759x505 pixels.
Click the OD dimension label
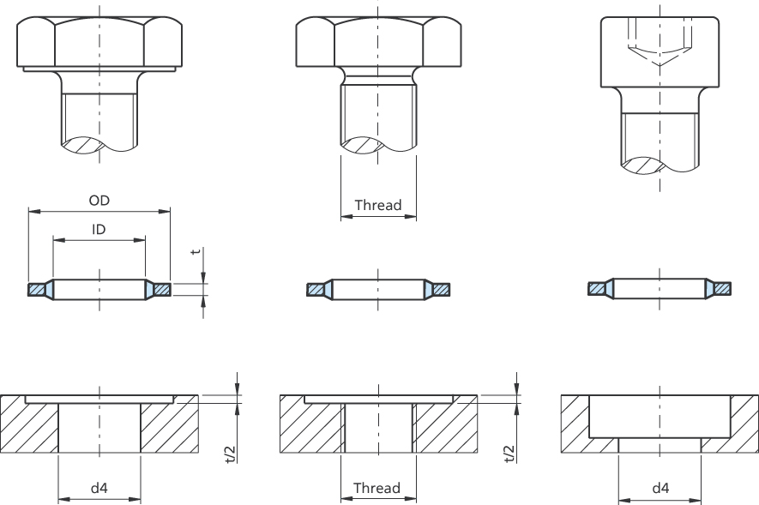[99, 201]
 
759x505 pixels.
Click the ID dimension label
[99, 229]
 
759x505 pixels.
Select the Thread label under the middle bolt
[378, 205]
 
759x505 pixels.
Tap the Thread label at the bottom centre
[376, 488]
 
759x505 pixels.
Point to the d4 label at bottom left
[99, 488]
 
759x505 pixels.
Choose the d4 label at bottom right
[660, 488]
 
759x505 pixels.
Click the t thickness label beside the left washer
[195, 251]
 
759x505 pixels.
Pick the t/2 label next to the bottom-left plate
[231, 454]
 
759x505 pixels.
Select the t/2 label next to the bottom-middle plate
[509, 454]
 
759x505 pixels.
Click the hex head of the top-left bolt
[99, 42]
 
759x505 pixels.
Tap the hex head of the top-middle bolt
[378, 42]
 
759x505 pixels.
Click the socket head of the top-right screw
[660, 52]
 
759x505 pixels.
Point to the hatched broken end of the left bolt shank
[83, 146]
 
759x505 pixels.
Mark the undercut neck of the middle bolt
[378, 76]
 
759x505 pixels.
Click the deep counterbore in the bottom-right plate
[660, 417]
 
